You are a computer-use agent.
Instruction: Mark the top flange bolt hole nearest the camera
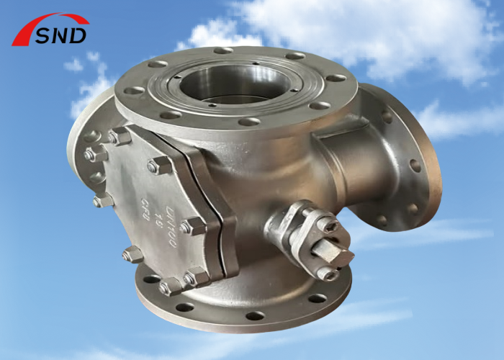pyautogui.click(x=249, y=122)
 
